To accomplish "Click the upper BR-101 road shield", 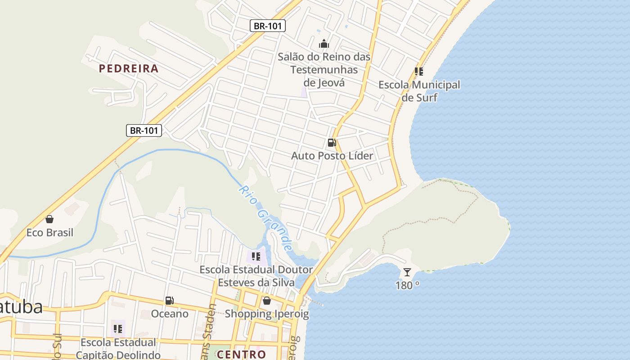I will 268,26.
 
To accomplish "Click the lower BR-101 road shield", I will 144,130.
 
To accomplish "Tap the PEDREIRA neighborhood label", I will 129,68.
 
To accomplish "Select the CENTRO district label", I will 241,354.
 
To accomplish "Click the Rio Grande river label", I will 265,218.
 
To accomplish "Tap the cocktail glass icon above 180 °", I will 407,272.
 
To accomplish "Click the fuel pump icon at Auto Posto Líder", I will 332,143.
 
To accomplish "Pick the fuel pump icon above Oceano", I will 169,301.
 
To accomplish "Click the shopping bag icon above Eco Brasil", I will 49,220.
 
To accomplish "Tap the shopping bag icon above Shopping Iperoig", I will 267,301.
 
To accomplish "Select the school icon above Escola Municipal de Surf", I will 419,72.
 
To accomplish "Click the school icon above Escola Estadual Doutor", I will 256,256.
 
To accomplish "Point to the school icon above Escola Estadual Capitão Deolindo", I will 118,329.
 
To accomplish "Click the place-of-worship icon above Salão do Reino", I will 324,44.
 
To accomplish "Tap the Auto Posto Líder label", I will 332,156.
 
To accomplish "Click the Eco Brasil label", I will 49,233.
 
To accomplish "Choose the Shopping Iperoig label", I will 267,314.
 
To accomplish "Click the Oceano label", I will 170,314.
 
